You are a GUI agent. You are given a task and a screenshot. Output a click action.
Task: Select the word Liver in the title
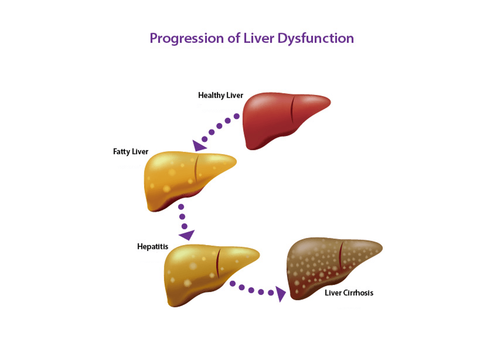(x=259, y=38)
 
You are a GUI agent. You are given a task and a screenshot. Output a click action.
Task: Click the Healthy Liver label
(x=220, y=95)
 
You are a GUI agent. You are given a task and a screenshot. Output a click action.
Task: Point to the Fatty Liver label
(x=131, y=151)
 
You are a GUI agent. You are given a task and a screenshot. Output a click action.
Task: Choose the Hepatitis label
(x=152, y=247)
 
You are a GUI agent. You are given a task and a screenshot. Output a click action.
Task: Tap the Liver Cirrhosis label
(x=349, y=293)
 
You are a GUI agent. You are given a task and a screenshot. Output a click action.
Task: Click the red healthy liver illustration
(x=277, y=120)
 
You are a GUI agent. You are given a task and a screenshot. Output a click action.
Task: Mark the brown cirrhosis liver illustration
(x=328, y=265)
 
